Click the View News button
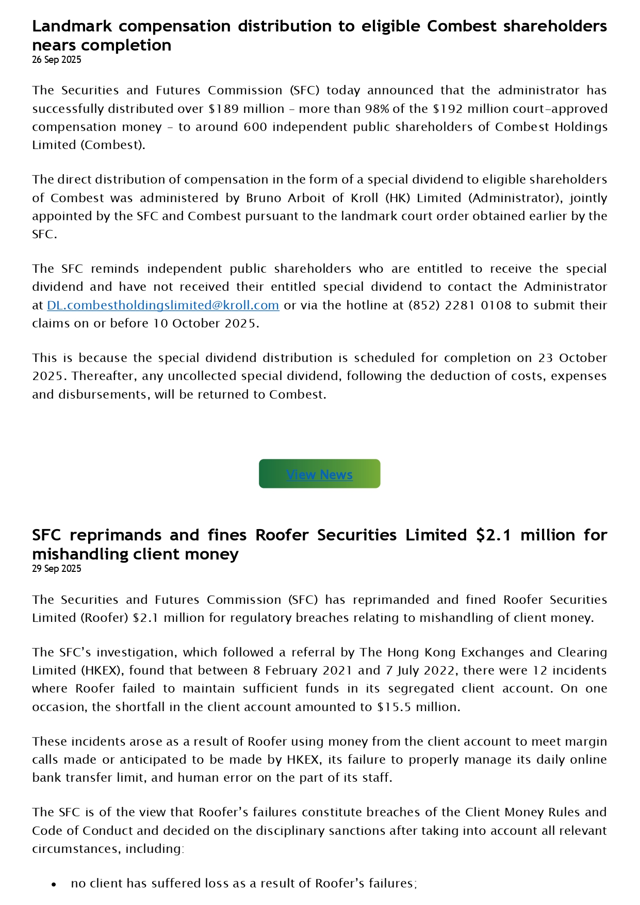point(319,474)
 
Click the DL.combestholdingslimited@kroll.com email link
point(163,305)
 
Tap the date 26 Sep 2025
point(57,60)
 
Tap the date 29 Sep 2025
point(57,569)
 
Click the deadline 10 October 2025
point(205,323)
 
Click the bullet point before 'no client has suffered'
point(54,884)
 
